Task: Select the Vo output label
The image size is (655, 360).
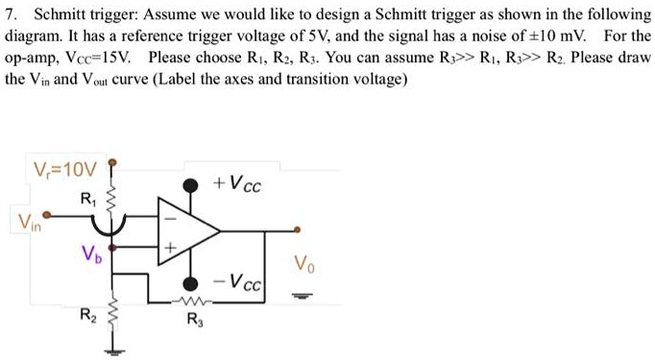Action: [x=303, y=261]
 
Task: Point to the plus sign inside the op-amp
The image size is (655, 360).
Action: [x=170, y=249]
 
